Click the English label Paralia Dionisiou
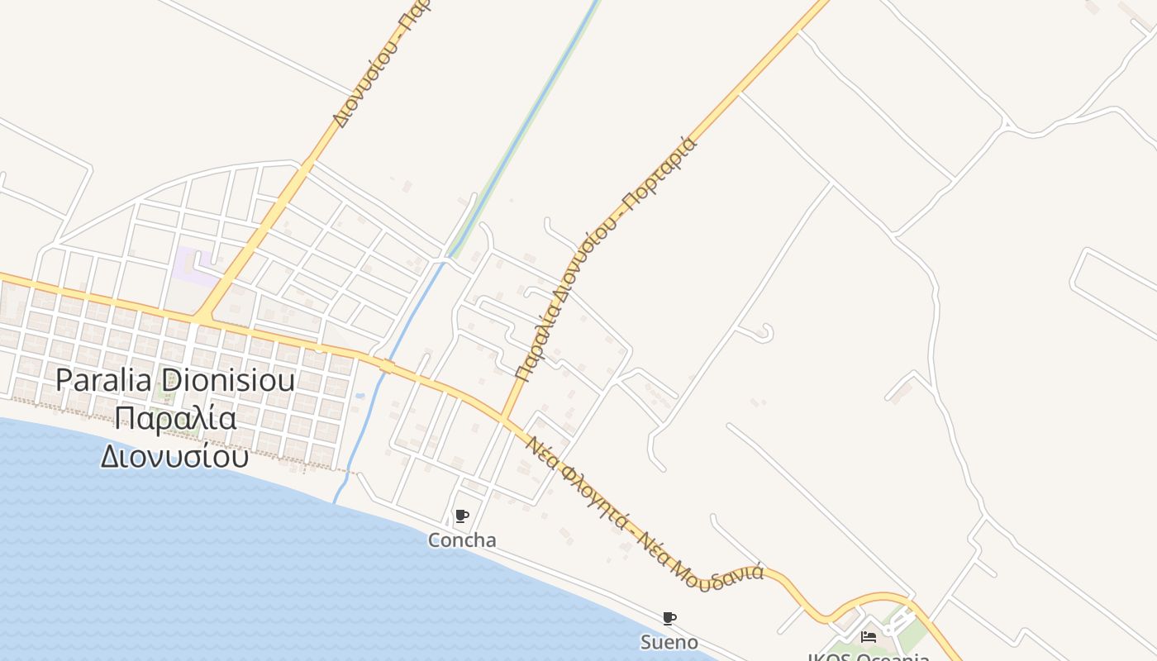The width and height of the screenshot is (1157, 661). (175, 381)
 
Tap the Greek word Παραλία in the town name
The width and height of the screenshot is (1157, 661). (175, 418)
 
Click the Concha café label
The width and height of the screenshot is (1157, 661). (462, 540)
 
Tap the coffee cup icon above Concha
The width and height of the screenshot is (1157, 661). (462, 516)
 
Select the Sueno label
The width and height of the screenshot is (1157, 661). (669, 642)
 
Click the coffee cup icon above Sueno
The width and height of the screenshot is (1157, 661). (669, 618)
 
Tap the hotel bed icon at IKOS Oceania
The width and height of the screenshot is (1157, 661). (869, 636)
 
